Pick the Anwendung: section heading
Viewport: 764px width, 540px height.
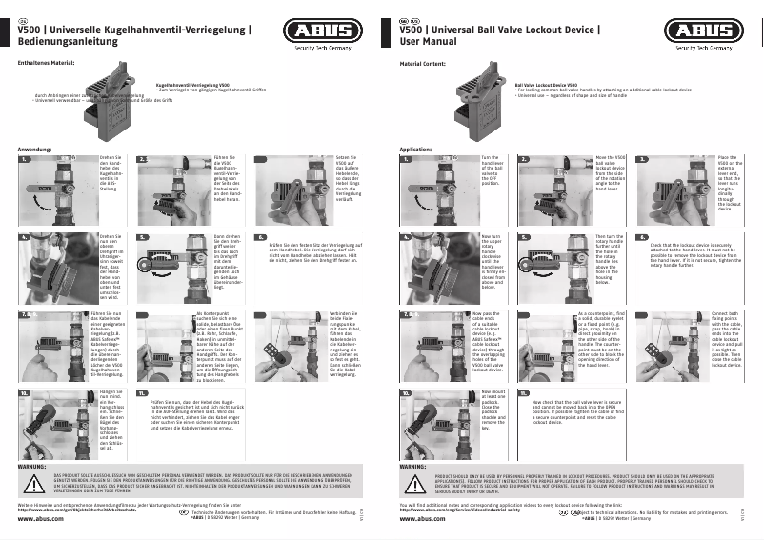click(34, 150)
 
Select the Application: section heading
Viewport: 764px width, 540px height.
click(415, 150)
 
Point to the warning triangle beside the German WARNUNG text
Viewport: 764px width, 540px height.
click(30, 483)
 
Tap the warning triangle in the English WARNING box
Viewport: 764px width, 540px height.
click(412, 483)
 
